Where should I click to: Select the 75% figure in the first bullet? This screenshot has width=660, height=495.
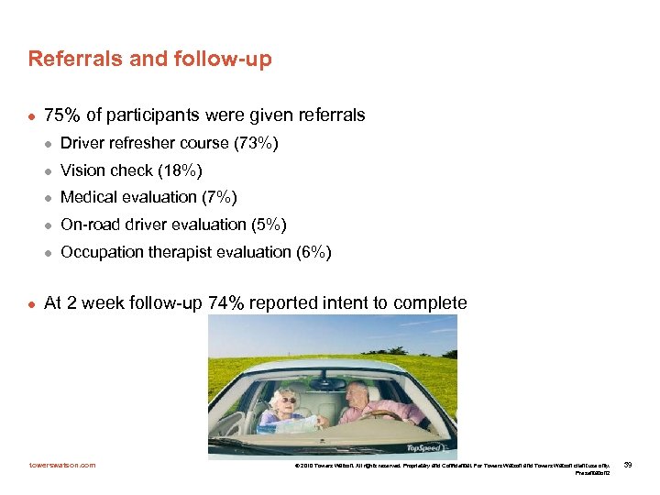(x=61, y=115)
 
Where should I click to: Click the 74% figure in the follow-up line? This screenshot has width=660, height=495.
(x=225, y=303)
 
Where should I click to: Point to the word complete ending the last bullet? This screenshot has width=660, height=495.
(x=433, y=303)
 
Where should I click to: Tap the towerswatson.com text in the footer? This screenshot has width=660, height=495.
(x=61, y=465)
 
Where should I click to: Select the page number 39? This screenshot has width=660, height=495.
(x=628, y=465)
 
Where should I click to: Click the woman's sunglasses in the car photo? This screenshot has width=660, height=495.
(x=288, y=400)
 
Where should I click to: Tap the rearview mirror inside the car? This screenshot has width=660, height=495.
(x=326, y=383)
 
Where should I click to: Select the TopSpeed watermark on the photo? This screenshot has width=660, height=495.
(x=429, y=448)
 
